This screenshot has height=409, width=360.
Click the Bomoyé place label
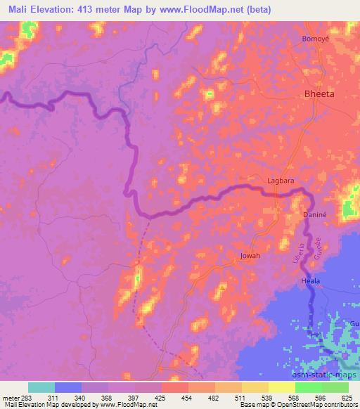(x=316, y=39)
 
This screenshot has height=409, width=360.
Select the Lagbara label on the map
(x=280, y=181)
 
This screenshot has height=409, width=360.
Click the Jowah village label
(x=250, y=256)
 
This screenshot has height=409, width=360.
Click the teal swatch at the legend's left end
(x=41, y=387)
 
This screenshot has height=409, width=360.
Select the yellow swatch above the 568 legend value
(x=282, y=387)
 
